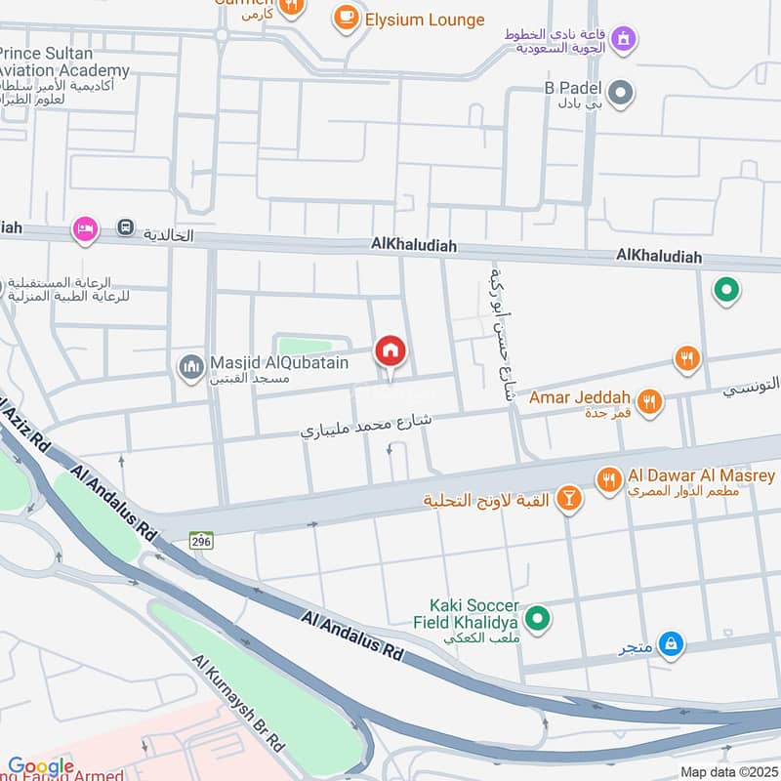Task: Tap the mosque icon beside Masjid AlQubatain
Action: [190, 367]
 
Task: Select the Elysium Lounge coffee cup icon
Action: [346, 19]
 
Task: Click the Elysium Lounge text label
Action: [425, 20]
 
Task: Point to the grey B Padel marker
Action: [620, 94]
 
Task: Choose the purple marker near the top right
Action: [624, 39]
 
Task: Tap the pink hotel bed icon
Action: [86, 228]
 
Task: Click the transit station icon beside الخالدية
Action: [125, 227]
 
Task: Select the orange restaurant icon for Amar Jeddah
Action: [648, 400]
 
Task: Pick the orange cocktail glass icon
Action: [568, 500]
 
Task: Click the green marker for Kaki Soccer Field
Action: [536, 618]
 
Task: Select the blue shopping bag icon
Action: [671, 643]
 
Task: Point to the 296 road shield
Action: [202, 539]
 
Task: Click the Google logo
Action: [41, 767]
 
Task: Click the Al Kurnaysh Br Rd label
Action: [239, 703]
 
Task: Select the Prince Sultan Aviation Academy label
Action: [64, 62]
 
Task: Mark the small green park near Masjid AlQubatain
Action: [306, 345]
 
